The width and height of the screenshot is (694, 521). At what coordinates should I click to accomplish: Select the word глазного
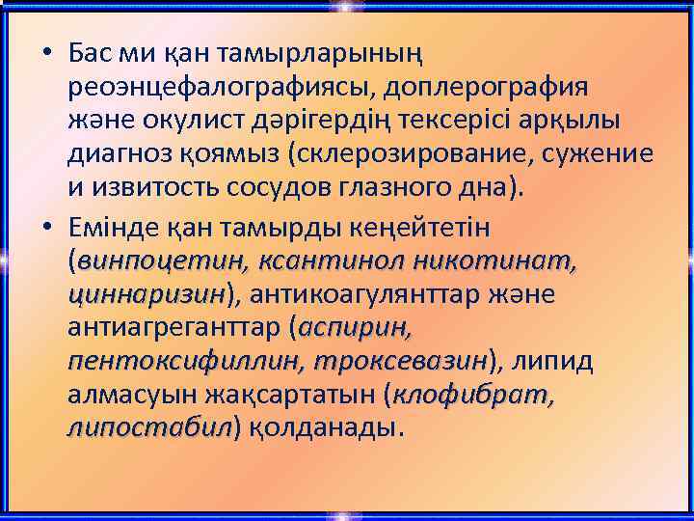pyautogui.click(x=394, y=188)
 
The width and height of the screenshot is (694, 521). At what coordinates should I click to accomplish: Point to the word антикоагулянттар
pyautogui.click(x=362, y=292)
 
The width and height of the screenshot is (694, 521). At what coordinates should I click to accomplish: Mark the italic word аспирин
pyautogui.click(x=356, y=327)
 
